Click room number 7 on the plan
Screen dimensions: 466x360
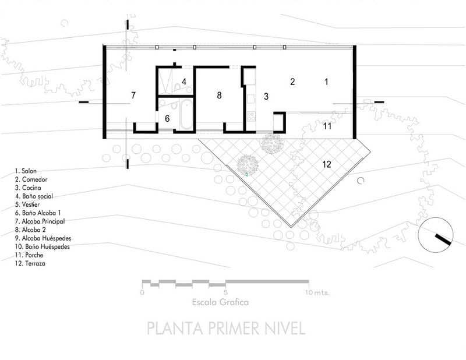(x=133, y=95)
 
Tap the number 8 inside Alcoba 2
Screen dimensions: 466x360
(x=219, y=95)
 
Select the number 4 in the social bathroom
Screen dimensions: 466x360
(x=184, y=82)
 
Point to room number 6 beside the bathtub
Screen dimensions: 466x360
(x=167, y=119)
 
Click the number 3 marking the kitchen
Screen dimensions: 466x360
(x=266, y=96)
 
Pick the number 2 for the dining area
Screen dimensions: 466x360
(x=292, y=82)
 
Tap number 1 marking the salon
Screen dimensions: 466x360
(x=326, y=82)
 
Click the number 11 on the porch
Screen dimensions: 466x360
(x=327, y=126)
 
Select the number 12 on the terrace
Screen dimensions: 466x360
(x=327, y=164)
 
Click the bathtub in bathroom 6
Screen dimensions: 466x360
(x=186, y=115)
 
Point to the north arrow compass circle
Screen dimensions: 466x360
(x=435, y=235)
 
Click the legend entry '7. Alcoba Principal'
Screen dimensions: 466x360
(x=40, y=221)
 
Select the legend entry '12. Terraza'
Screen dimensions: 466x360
(x=30, y=263)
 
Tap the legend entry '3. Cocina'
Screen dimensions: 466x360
(x=28, y=188)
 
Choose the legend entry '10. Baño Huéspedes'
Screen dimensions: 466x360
(x=42, y=247)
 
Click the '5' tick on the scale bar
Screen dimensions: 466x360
(x=226, y=292)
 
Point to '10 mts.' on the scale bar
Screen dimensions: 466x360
(x=317, y=292)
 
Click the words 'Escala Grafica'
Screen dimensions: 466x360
(x=220, y=302)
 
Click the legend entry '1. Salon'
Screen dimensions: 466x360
(x=26, y=171)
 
